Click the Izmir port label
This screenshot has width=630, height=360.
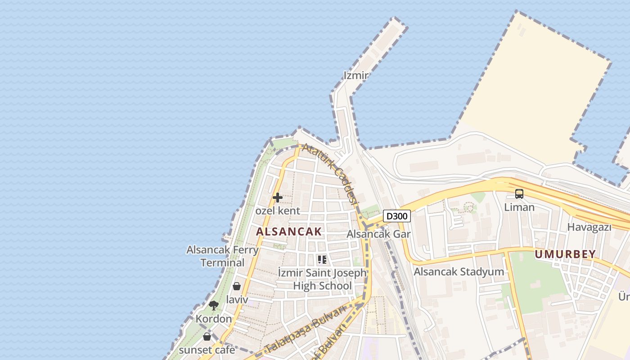(x=356, y=75)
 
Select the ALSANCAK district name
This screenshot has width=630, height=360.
(x=289, y=232)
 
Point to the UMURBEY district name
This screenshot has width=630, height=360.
(x=565, y=254)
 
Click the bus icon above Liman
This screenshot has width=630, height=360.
(x=519, y=194)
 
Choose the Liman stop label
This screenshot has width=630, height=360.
(x=519, y=207)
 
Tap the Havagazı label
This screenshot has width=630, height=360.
(x=589, y=227)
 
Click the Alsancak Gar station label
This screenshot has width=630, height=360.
(x=378, y=234)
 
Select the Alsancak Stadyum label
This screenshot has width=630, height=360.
(x=459, y=272)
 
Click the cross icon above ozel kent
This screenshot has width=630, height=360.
(x=278, y=198)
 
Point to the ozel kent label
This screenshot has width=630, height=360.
(x=278, y=211)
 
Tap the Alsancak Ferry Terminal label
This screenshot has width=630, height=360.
(x=222, y=256)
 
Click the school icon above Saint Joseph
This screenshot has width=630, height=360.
(x=322, y=259)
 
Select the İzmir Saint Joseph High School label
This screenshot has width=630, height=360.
(x=322, y=279)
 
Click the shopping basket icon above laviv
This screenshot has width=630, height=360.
(x=237, y=286)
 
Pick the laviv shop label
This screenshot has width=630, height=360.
(x=237, y=299)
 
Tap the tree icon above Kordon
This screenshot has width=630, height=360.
(x=214, y=306)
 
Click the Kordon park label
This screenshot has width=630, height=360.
(x=214, y=319)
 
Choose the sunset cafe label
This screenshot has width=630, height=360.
(x=207, y=350)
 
